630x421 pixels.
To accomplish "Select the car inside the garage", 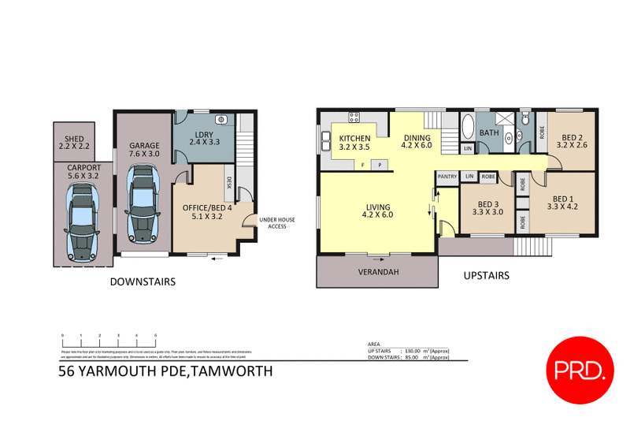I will coord(143,209).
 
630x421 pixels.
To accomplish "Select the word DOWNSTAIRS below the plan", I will coord(143,281).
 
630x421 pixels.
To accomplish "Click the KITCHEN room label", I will coord(354,141).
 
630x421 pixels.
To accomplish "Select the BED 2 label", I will coord(569,141).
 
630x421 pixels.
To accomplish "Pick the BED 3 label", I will coord(487,207).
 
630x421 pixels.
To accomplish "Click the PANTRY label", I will coord(447,176).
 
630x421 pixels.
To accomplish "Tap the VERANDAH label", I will coord(376,273).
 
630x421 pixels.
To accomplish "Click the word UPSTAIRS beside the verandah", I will coord(487,275).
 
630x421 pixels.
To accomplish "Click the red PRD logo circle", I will coord(583,368).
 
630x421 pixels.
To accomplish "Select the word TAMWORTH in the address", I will coord(228,371).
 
